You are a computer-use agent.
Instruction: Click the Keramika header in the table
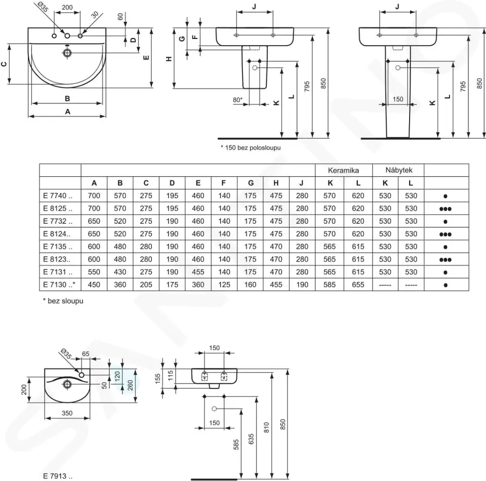(343, 170)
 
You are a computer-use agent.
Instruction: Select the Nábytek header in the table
(399, 170)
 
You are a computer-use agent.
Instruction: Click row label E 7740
(58, 195)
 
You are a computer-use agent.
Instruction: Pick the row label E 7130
(59, 284)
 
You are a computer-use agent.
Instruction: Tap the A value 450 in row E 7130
(94, 285)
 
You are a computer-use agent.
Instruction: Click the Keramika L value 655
(358, 285)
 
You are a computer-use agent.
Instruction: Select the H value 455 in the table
(276, 285)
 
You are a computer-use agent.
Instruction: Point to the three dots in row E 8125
(445, 209)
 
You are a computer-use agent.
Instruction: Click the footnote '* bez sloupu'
(63, 301)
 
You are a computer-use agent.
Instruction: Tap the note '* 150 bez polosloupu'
(251, 147)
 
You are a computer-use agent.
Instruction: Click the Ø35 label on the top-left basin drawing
(43, 7)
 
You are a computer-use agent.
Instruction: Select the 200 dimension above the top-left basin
(67, 7)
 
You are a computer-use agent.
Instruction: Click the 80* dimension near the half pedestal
(238, 100)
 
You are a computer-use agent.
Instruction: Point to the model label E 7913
(58, 476)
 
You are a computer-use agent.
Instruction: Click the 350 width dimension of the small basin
(67, 413)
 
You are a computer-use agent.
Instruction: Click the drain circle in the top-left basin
(67, 53)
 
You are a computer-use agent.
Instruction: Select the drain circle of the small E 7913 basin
(67, 385)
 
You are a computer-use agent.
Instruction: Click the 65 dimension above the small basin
(86, 354)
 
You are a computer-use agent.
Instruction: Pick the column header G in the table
(251, 183)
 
